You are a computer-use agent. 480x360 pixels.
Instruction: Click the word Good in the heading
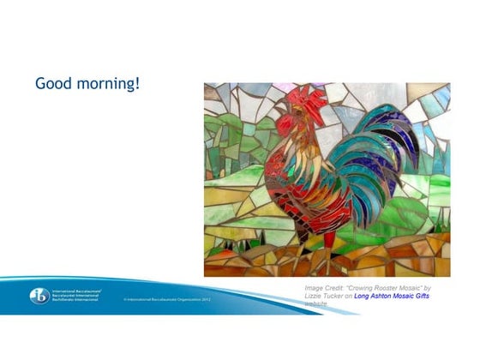pos(52,84)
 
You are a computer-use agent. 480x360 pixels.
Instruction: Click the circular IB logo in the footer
pos(39,296)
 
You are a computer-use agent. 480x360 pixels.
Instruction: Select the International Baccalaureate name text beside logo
pos(79,296)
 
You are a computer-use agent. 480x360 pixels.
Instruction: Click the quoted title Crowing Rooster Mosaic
pos(391,288)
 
